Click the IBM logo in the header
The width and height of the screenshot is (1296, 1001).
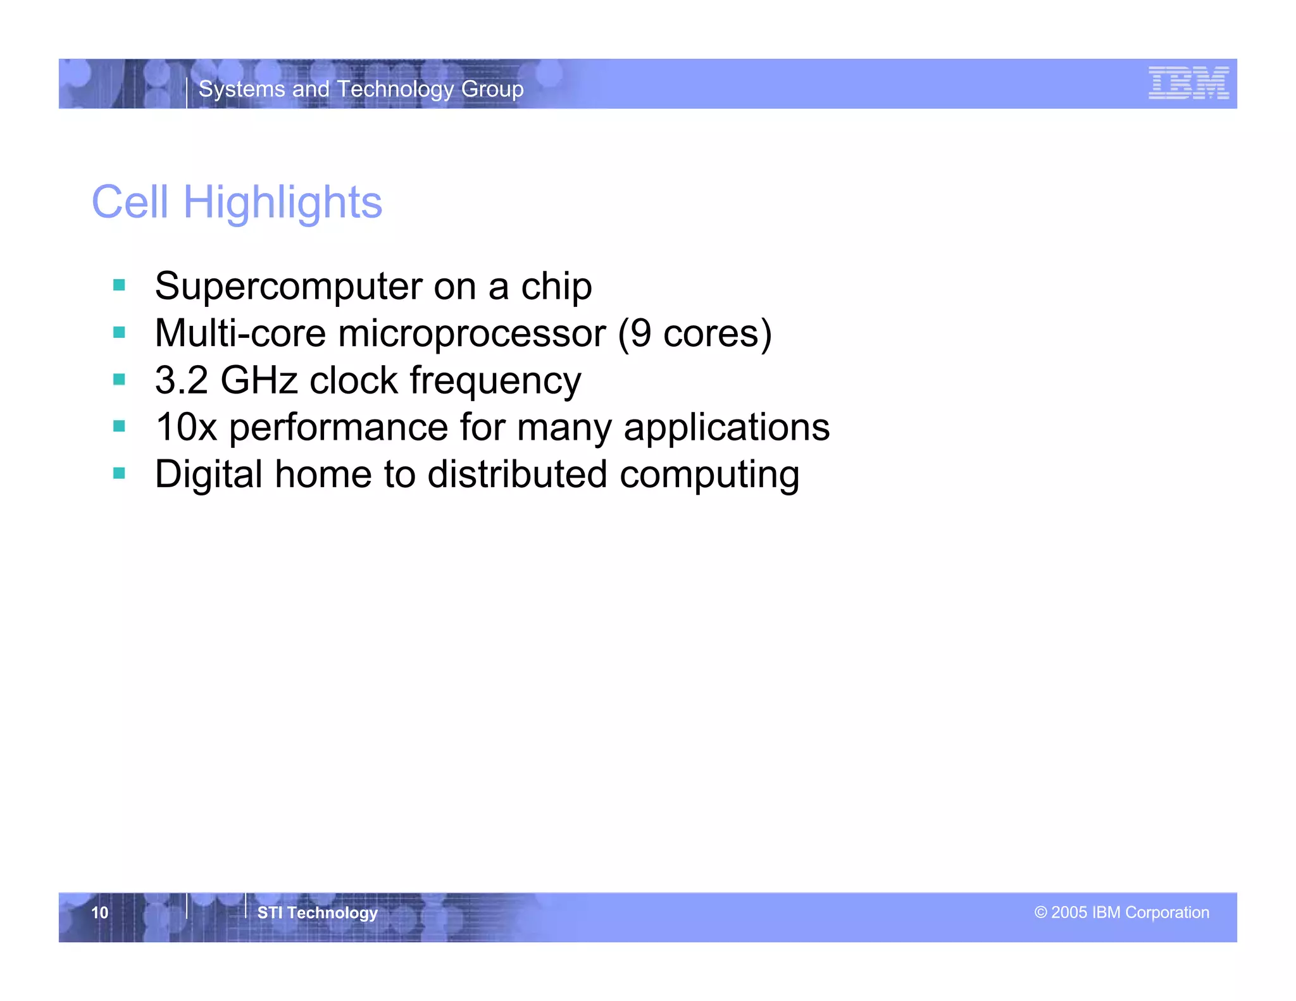(1188, 83)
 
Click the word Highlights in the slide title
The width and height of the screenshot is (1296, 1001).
(282, 203)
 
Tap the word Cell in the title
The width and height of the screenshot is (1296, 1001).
(130, 203)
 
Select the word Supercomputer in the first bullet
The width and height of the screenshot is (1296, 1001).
(288, 287)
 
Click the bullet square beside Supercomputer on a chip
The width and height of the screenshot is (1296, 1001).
(119, 285)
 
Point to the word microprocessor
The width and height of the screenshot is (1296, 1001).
(471, 334)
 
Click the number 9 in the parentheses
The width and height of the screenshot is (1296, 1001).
(640, 333)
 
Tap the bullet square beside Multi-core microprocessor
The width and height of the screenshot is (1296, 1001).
(119, 332)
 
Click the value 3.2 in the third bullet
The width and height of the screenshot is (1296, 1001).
(181, 380)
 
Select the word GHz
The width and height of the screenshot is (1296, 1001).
(259, 380)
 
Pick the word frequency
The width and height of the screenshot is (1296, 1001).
(495, 382)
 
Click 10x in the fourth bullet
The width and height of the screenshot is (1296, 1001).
(186, 427)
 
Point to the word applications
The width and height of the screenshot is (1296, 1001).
(726, 428)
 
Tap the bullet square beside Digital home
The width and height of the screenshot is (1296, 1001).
(119, 473)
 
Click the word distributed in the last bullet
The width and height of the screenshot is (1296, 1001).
(517, 475)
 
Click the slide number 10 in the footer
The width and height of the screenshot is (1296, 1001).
(100, 912)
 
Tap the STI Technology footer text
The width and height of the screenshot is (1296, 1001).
(317, 912)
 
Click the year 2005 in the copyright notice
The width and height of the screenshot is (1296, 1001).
(1069, 912)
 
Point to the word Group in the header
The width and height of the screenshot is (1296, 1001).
(492, 89)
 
